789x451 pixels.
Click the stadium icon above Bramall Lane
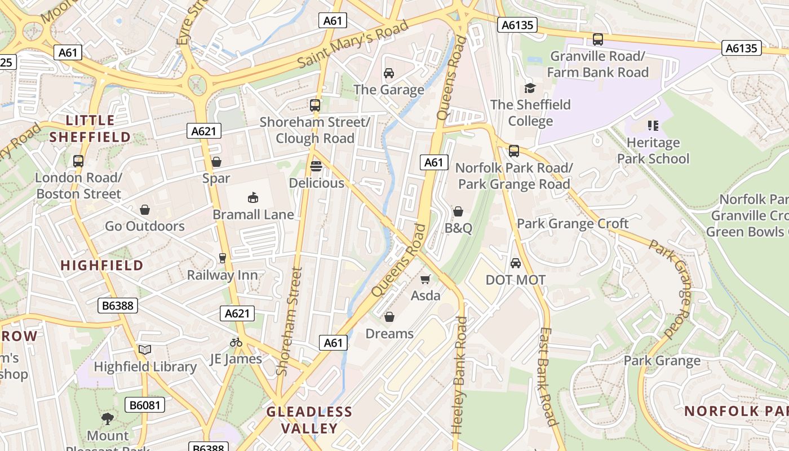click(253, 197)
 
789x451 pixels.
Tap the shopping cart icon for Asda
click(425, 279)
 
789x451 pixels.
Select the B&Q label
click(458, 228)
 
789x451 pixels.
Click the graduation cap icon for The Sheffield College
click(530, 88)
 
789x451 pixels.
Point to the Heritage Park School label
click(653, 151)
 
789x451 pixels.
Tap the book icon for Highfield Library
click(145, 350)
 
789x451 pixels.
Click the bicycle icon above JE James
click(236, 342)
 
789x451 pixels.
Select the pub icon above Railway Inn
click(223, 258)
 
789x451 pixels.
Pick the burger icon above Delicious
click(316, 166)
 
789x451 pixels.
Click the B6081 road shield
click(144, 405)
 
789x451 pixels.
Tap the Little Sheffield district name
click(90, 129)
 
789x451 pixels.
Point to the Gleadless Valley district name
click(309, 420)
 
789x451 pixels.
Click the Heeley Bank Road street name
click(460, 375)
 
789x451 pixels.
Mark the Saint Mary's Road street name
click(353, 45)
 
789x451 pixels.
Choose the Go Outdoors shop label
click(145, 226)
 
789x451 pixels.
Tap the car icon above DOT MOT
click(515, 263)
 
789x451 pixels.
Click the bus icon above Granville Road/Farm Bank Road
click(598, 39)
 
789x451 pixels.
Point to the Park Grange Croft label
click(573, 224)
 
